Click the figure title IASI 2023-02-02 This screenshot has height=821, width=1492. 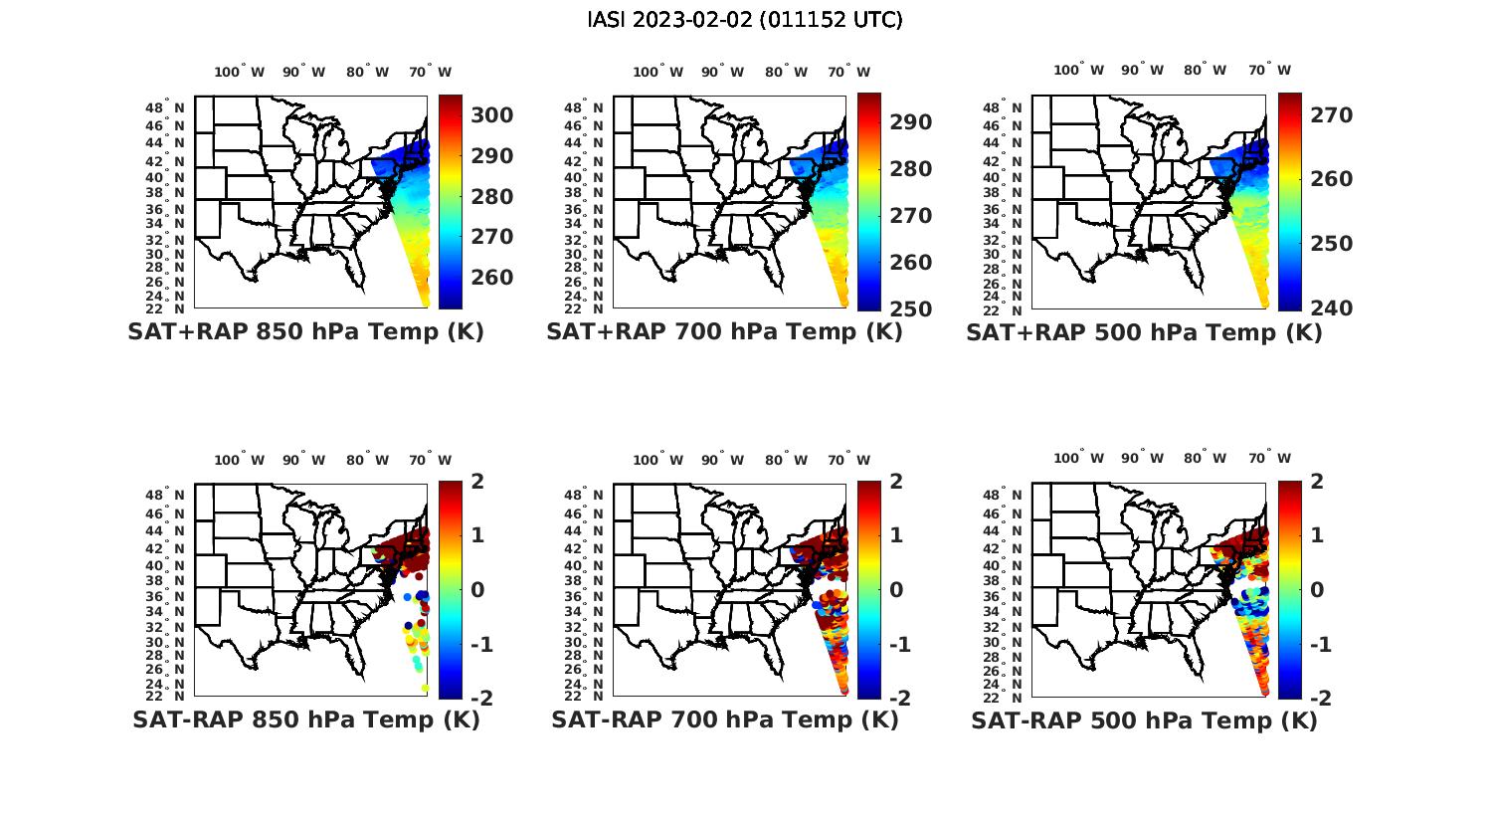[x=745, y=20]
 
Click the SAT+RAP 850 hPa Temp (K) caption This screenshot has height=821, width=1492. [x=305, y=332]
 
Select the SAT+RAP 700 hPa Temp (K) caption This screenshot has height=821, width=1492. [x=724, y=332]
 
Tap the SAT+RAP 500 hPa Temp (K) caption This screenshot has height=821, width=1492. [x=1144, y=332]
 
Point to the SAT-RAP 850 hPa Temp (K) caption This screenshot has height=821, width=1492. [x=305, y=719]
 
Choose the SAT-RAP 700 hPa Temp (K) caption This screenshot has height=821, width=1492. [x=724, y=719]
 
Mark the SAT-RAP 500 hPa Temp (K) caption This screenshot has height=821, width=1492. [x=1144, y=720]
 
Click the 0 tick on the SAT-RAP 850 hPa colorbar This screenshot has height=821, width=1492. [x=477, y=589]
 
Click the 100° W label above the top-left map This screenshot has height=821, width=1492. [x=239, y=72]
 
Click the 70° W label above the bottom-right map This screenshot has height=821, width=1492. [x=1270, y=459]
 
